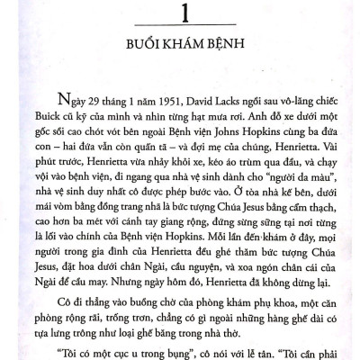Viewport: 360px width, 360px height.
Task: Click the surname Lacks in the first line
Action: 219,107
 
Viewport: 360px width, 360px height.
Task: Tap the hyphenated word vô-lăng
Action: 289,107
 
